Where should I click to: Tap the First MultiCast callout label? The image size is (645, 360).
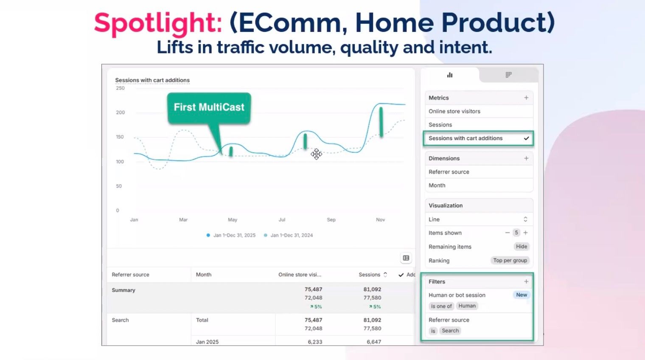tap(209, 107)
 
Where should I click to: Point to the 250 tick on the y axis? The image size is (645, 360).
tap(121, 88)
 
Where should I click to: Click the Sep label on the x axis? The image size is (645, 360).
tap(331, 220)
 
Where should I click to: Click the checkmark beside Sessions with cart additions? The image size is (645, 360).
tap(526, 138)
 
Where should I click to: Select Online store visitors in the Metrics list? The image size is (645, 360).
tap(454, 111)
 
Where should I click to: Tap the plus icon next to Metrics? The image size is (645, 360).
tap(526, 98)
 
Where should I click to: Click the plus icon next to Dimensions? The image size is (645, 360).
tap(526, 158)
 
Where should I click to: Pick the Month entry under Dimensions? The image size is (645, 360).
tap(437, 186)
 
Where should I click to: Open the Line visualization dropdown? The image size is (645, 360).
tap(478, 219)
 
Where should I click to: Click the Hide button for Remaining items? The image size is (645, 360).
tap(522, 247)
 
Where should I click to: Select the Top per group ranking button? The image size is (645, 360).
tap(510, 261)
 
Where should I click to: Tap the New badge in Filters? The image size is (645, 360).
tap(522, 295)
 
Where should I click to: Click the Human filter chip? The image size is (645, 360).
tap(467, 306)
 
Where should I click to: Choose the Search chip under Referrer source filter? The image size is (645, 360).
tap(450, 331)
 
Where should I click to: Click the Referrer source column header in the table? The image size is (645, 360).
tap(131, 275)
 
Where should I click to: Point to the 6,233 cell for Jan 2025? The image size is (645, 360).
tap(315, 342)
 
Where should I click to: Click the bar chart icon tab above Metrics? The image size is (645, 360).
tap(450, 75)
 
